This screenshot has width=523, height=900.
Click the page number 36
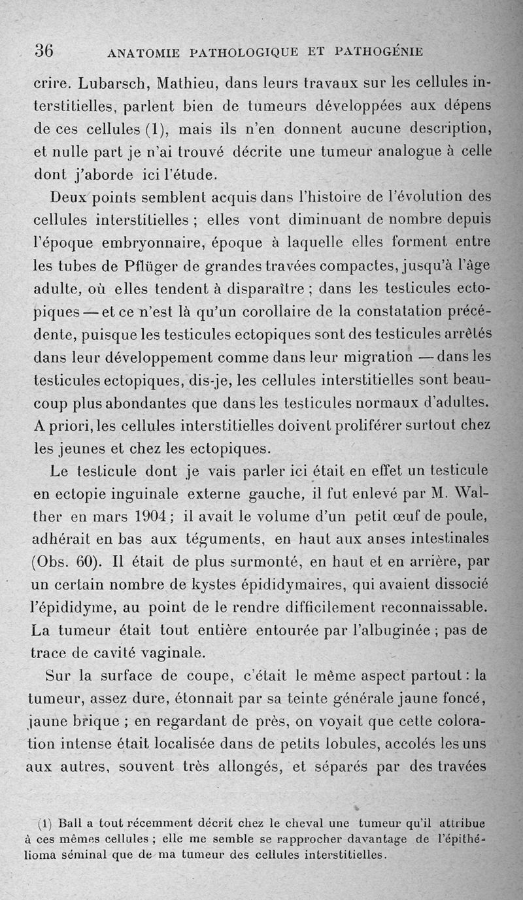pos(44,50)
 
